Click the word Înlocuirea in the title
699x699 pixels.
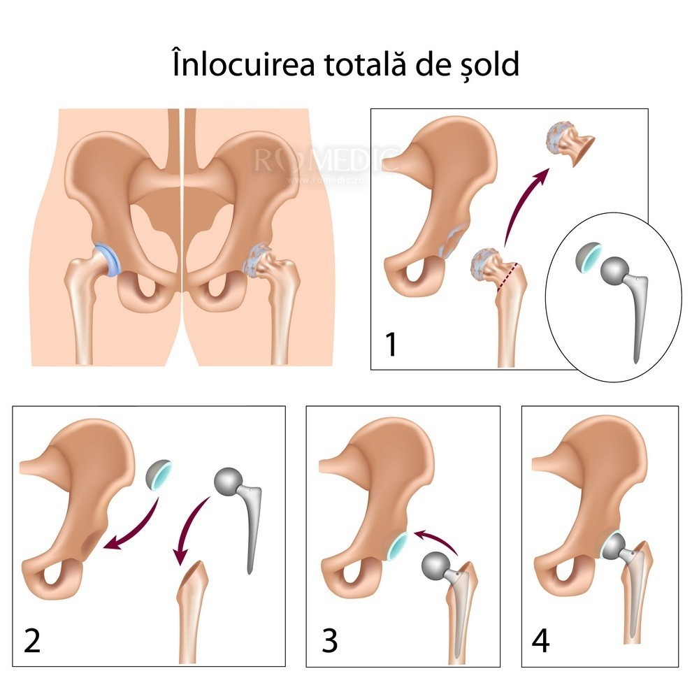pyautogui.click(x=244, y=64)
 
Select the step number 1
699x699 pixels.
pyautogui.click(x=391, y=344)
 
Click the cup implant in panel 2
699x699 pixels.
pyautogui.click(x=159, y=475)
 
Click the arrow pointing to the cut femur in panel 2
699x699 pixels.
pyautogui.click(x=189, y=531)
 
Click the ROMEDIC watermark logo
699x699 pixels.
pyautogui.click(x=326, y=161)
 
